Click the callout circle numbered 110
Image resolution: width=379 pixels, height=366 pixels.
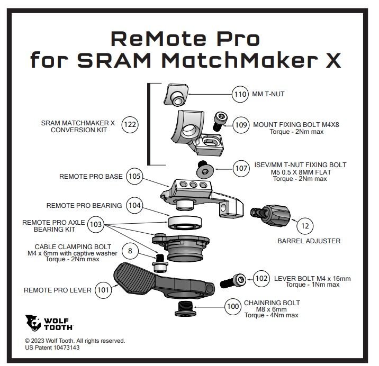(x=240, y=94)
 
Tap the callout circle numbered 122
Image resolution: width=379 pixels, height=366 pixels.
(x=130, y=125)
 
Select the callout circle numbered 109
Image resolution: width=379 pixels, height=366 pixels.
(x=241, y=125)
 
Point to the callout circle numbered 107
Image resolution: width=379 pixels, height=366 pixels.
(x=241, y=168)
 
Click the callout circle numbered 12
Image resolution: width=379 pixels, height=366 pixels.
(x=305, y=226)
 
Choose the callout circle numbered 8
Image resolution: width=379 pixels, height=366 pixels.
(x=130, y=251)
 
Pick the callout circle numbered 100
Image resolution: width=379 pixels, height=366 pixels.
(x=233, y=307)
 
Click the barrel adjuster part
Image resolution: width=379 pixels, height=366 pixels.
(x=270, y=215)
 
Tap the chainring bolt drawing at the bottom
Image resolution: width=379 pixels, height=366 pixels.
(x=185, y=308)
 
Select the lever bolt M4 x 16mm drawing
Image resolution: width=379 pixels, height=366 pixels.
(x=233, y=281)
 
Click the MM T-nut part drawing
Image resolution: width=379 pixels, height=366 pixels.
(x=176, y=95)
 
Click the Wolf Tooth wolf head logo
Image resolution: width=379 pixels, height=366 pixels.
(x=33, y=323)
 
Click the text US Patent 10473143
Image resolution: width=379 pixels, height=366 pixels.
(x=52, y=347)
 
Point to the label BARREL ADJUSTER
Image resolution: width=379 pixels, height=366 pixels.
(x=309, y=241)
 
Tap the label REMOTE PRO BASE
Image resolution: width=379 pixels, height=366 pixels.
(x=91, y=176)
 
